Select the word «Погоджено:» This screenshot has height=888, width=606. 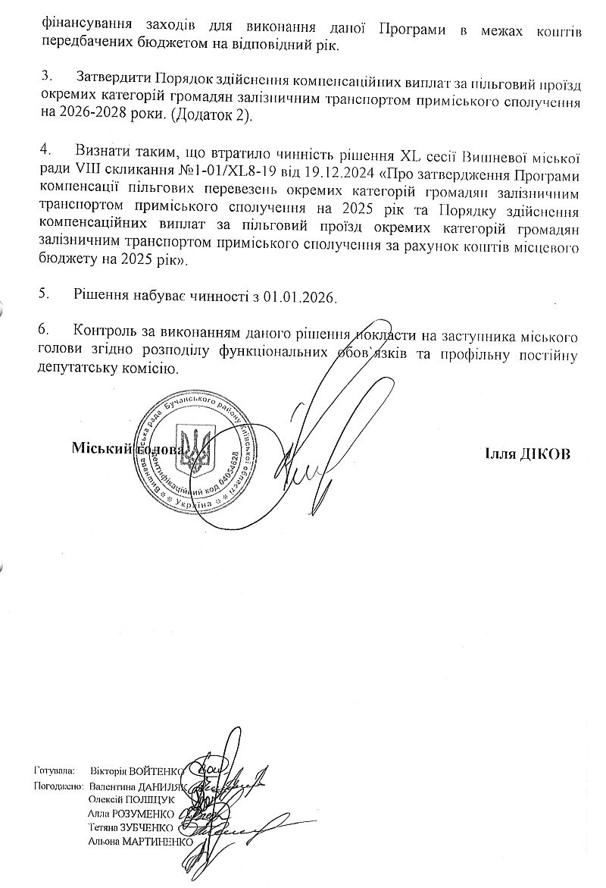57,786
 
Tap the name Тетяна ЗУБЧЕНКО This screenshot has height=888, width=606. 131,827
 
